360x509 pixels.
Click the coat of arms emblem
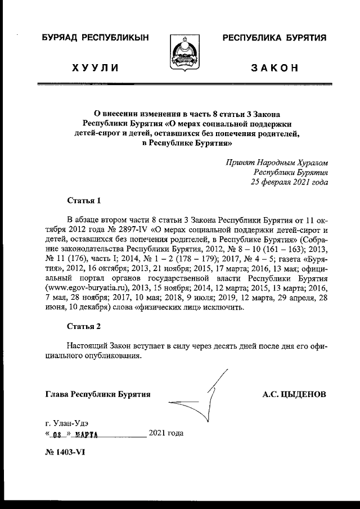[x=180, y=52]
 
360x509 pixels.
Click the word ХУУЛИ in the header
[x=95, y=69]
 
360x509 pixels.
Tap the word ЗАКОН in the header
[x=274, y=69]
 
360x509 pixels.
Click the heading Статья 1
[x=84, y=200]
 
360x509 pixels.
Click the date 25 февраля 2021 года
[x=289, y=182]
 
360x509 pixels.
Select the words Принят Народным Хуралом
[x=277, y=162]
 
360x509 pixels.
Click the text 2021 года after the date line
[x=166, y=433]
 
